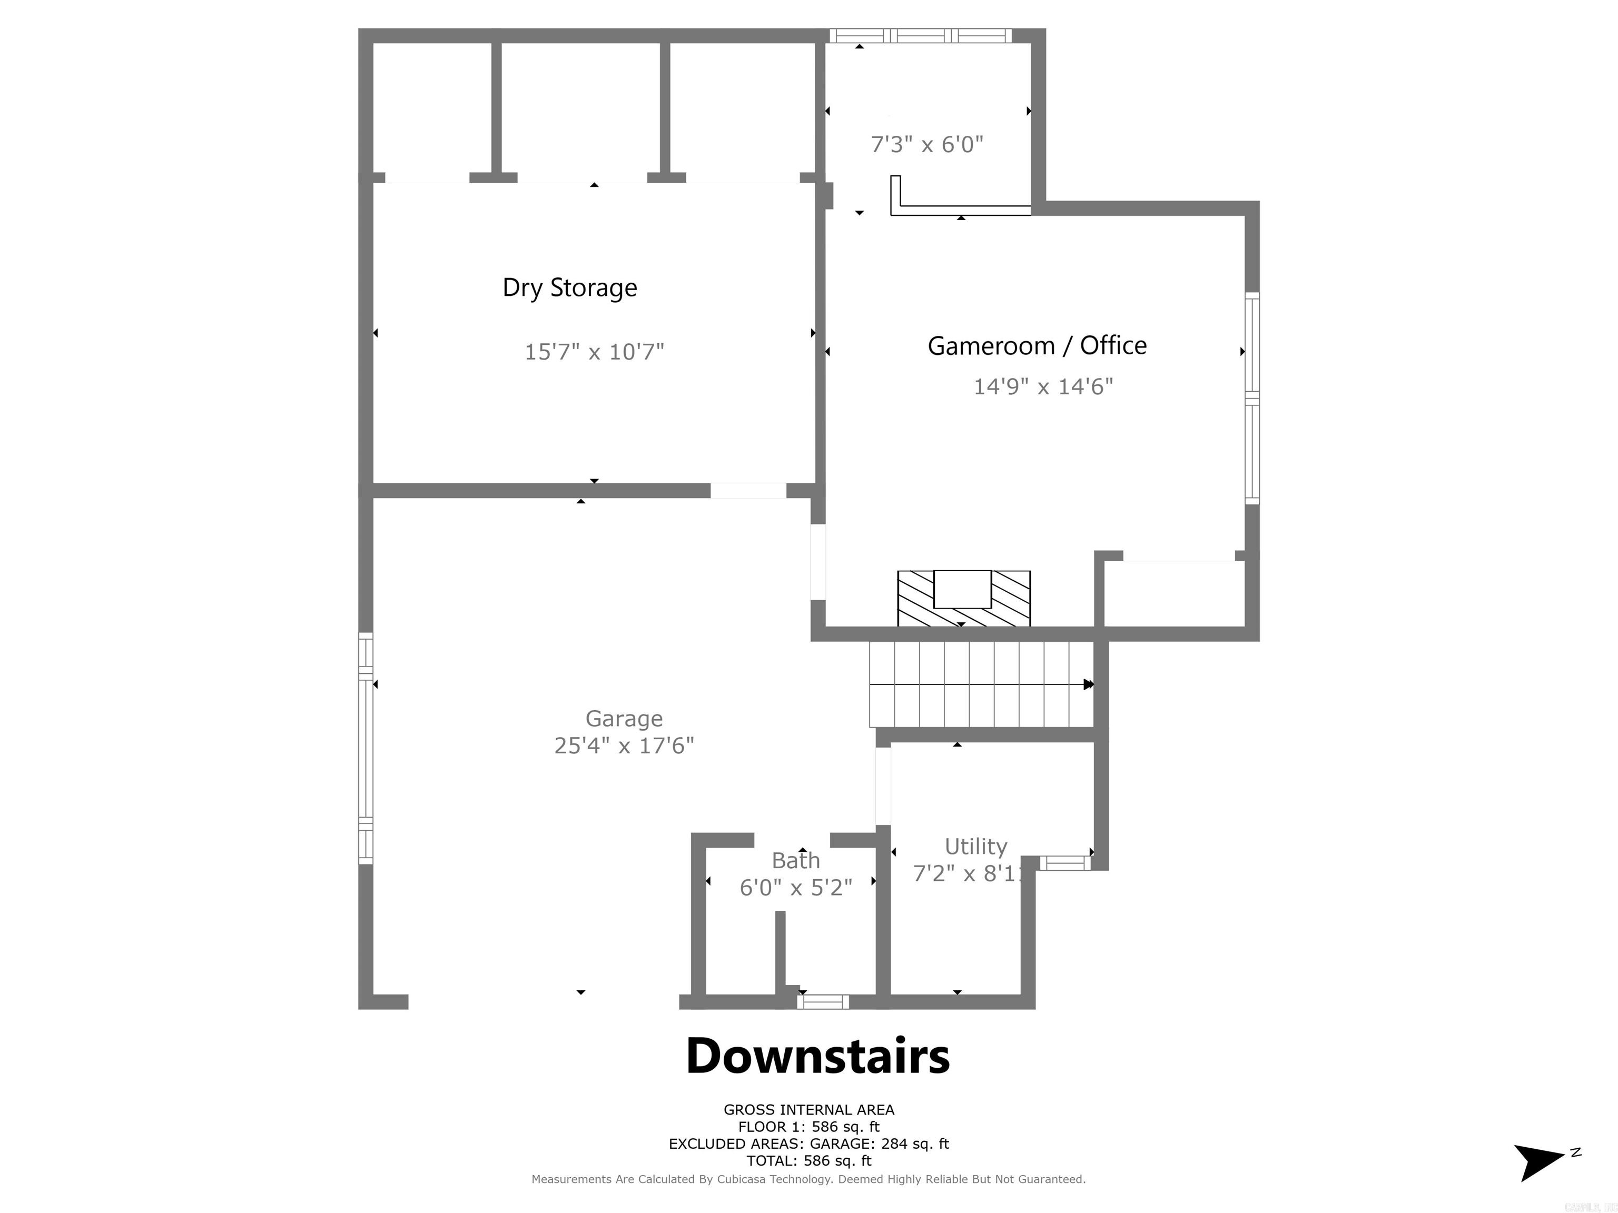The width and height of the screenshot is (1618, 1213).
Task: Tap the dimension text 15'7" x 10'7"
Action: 594,352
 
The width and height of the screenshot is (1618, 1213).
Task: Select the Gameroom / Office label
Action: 1037,345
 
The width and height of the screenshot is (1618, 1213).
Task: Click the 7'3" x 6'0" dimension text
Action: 927,144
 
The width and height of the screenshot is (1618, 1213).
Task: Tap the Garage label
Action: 624,719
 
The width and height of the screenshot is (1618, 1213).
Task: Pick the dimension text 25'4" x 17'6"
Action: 624,745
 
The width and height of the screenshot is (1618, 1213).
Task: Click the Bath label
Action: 796,861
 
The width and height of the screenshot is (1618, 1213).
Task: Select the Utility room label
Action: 976,847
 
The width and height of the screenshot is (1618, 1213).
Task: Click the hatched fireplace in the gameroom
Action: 963,598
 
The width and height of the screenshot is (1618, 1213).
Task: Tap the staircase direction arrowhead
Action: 1088,684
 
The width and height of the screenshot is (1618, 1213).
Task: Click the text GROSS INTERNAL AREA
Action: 809,1110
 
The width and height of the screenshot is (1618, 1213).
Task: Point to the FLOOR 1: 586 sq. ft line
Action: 809,1127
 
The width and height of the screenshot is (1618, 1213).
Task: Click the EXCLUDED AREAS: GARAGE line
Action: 809,1144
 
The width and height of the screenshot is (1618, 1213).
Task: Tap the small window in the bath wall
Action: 823,1002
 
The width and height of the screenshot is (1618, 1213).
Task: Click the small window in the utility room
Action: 1065,863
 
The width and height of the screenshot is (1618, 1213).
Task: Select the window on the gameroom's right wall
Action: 1252,399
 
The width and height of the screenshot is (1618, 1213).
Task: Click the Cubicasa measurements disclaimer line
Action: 808,1179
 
